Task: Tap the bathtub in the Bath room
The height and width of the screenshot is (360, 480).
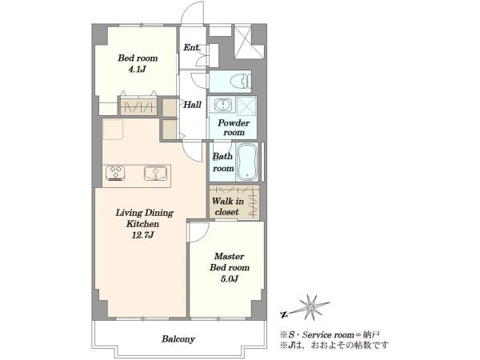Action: click(246, 162)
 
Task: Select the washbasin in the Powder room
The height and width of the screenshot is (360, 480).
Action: click(222, 105)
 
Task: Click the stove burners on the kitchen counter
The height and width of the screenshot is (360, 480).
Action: click(115, 173)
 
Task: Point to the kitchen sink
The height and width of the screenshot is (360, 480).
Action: click(155, 173)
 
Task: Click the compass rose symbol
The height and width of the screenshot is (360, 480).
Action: click(311, 307)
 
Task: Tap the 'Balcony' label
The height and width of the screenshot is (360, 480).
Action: click(178, 339)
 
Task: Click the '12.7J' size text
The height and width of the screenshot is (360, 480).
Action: click(143, 235)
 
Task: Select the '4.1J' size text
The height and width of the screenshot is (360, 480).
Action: click(137, 69)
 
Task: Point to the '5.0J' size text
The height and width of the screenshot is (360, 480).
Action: click(230, 279)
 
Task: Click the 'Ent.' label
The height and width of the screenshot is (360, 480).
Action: click(192, 47)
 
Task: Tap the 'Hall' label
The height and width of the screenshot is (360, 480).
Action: click(192, 105)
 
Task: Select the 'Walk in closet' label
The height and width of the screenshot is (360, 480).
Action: click(227, 206)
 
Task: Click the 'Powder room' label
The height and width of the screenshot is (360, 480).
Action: click(234, 128)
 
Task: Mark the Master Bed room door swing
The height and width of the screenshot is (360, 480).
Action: click(199, 232)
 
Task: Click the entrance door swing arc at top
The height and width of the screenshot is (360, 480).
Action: click(193, 12)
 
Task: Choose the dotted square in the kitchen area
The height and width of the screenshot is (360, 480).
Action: click(113, 130)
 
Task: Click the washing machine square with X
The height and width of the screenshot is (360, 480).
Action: click(246, 106)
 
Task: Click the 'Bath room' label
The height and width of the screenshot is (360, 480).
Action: click(223, 162)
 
